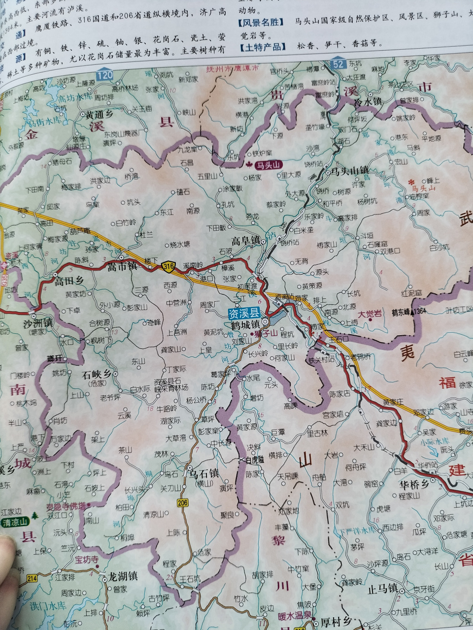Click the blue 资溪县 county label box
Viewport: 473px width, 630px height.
click(x=244, y=313)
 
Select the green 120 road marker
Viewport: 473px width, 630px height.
click(x=104, y=75)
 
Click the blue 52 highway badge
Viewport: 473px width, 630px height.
click(x=338, y=63)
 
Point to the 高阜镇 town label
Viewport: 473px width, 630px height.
click(x=246, y=241)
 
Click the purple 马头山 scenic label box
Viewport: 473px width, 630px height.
click(x=268, y=165)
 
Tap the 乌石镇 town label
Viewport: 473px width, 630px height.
click(x=203, y=473)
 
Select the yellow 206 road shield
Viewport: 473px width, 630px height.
click(x=183, y=503)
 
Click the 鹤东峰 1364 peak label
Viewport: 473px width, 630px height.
click(x=409, y=312)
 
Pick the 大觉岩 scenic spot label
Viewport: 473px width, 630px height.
click(x=370, y=314)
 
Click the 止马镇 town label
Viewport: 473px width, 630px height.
click(x=382, y=588)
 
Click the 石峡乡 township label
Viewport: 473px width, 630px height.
click(x=97, y=374)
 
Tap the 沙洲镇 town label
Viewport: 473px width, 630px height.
click(x=38, y=323)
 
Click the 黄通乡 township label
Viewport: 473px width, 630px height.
click(x=99, y=114)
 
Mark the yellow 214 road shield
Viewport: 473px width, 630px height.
click(x=33, y=578)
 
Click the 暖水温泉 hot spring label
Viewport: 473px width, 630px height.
click(x=295, y=616)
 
